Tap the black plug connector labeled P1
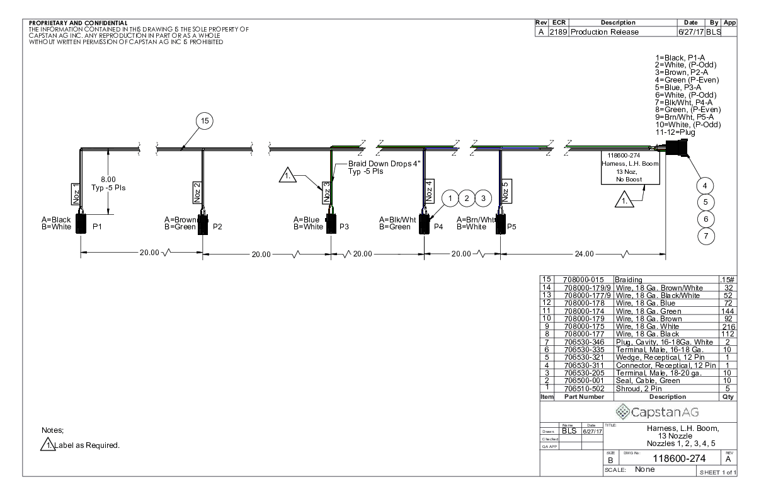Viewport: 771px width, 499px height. click(x=81, y=224)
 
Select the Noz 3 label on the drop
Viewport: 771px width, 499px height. click(x=327, y=191)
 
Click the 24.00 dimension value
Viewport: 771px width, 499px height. click(x=584, y=253)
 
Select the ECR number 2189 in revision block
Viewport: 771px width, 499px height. click(x=559, y=32)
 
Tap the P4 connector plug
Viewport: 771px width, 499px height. click(x=425, y=224)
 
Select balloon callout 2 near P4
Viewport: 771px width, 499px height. click(x=467, y=198)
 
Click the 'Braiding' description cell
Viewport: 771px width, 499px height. click(x=629, y=279)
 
